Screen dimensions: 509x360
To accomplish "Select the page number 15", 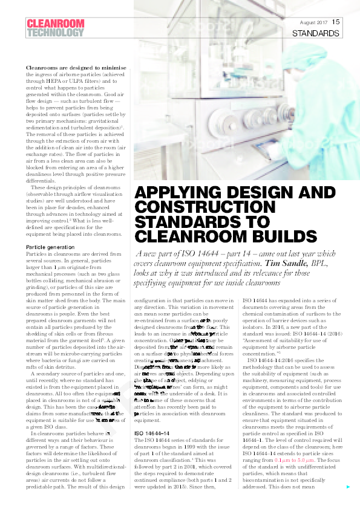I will (x=336, y=22).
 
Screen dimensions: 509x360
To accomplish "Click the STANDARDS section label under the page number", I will (x=315, y=34).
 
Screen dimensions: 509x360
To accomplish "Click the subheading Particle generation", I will (x=51, y=248).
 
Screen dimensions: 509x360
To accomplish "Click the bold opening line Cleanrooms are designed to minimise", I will (x=76, y=68).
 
